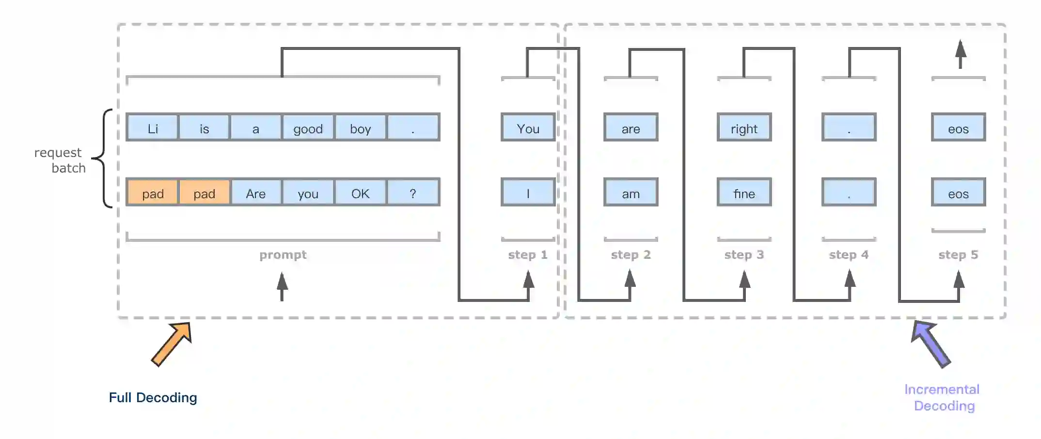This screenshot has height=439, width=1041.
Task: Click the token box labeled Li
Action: (152, 128)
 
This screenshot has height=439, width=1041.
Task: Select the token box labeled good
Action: (308, 128)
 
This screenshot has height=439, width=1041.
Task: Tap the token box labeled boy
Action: (360, 128)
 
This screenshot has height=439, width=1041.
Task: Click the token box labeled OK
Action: (360, 193)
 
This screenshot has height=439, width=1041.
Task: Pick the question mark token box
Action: (413, 193)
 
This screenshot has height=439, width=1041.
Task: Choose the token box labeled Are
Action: (255, 193)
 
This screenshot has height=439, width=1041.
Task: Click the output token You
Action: (528, 128)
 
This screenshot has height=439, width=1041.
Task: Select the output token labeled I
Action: (528, 193)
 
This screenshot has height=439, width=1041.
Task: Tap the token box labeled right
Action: (744, 128)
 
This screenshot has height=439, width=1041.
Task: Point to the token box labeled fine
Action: (744, 193)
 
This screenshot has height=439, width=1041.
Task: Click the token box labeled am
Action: (631, 193)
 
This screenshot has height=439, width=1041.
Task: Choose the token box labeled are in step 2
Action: (631, 128)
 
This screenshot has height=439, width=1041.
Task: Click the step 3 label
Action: (744, 254)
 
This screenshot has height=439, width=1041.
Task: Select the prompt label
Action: (283, 254)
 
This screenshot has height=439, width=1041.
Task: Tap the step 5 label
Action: (958, 254)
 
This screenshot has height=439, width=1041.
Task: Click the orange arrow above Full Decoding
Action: (172, 343)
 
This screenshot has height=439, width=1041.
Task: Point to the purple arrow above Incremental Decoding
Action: (931, 343)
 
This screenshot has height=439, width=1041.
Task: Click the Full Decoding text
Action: (153, 397)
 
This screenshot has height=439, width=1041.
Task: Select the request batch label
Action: (60, 160)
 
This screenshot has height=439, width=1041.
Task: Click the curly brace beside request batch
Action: (103, 158)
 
